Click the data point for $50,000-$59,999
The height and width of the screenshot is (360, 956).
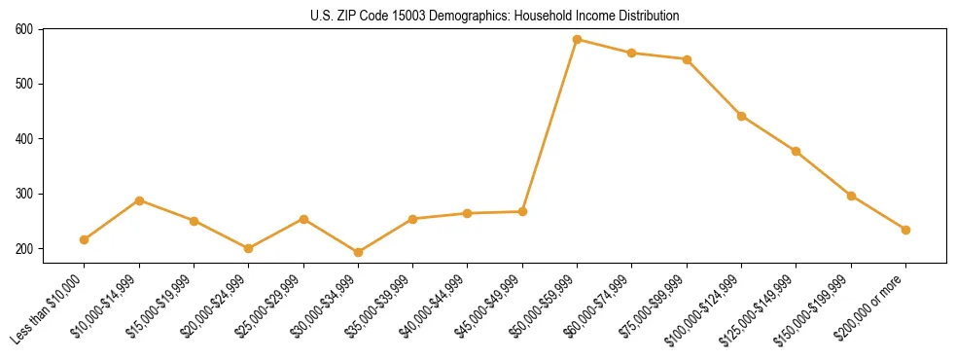[x=578, y=40]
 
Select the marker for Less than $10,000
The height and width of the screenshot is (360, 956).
[x=85, y=239]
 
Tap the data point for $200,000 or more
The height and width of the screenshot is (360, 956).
[x=906, y=230]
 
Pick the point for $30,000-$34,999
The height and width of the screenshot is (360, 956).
[x=359, y=252]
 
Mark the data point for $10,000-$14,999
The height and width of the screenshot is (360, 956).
[x=140, y=200]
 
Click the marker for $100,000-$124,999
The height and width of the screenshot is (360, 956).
[x=742, y=116]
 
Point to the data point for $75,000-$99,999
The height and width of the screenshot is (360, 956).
[x=688, y=59]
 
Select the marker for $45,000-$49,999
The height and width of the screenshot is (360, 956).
[x=523, y=211]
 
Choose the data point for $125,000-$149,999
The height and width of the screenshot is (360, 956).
[x=797, y=151]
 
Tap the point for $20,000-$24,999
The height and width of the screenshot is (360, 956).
[x=249, y=248]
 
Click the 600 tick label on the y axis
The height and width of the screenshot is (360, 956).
[x=24, y=29]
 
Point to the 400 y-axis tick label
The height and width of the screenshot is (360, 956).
[x=24, y=139]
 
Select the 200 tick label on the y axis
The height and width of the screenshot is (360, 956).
[x=24, y=249]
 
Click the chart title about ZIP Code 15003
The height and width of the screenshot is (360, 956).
[x=495, y=16]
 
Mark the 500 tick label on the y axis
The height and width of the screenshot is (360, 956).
[x=24, y=84]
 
